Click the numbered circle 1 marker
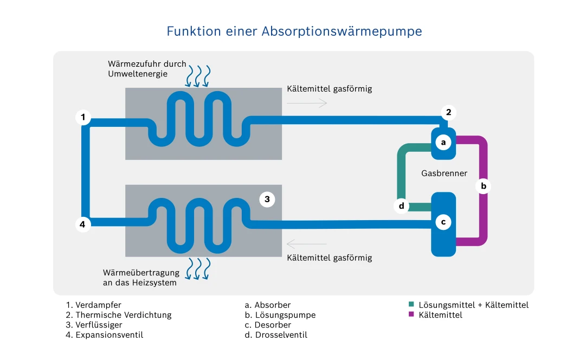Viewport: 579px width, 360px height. point(83,117)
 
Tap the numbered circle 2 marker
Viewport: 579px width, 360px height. point(448,113)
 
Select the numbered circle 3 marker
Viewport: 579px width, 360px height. point(267,200)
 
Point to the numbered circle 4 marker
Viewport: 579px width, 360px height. point(83,224)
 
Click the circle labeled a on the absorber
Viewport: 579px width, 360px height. point(443,143)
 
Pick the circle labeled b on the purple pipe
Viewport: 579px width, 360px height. point(484,187)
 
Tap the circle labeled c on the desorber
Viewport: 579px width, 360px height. point(443,222)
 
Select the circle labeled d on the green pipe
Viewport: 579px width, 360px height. point(401,206)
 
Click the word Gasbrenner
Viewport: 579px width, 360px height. point(444,173)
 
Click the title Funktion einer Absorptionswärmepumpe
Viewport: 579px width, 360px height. point(294,31)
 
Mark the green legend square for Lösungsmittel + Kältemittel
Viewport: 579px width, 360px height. point(412,305)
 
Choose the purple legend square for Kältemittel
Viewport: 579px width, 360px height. point(412,314)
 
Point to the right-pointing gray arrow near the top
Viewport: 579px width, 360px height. point(307,102)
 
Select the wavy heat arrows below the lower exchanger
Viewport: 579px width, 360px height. point(198,268)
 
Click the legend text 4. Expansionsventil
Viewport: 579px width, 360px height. point(105,335)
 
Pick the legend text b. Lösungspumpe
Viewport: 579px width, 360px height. point(280,315)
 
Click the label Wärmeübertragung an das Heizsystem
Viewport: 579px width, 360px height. point(140,278)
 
